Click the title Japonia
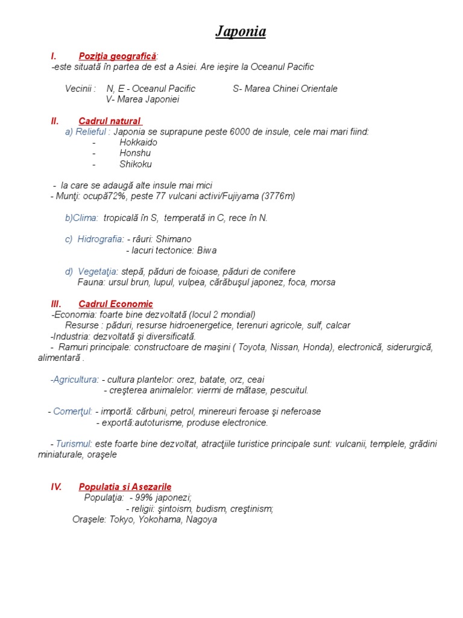241,32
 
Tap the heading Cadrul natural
110,121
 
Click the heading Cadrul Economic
116,304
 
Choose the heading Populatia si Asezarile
125,486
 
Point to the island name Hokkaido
138,142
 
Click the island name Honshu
135,153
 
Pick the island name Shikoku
136,164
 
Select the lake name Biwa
207,250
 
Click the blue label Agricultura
75,380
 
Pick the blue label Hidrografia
101,240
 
